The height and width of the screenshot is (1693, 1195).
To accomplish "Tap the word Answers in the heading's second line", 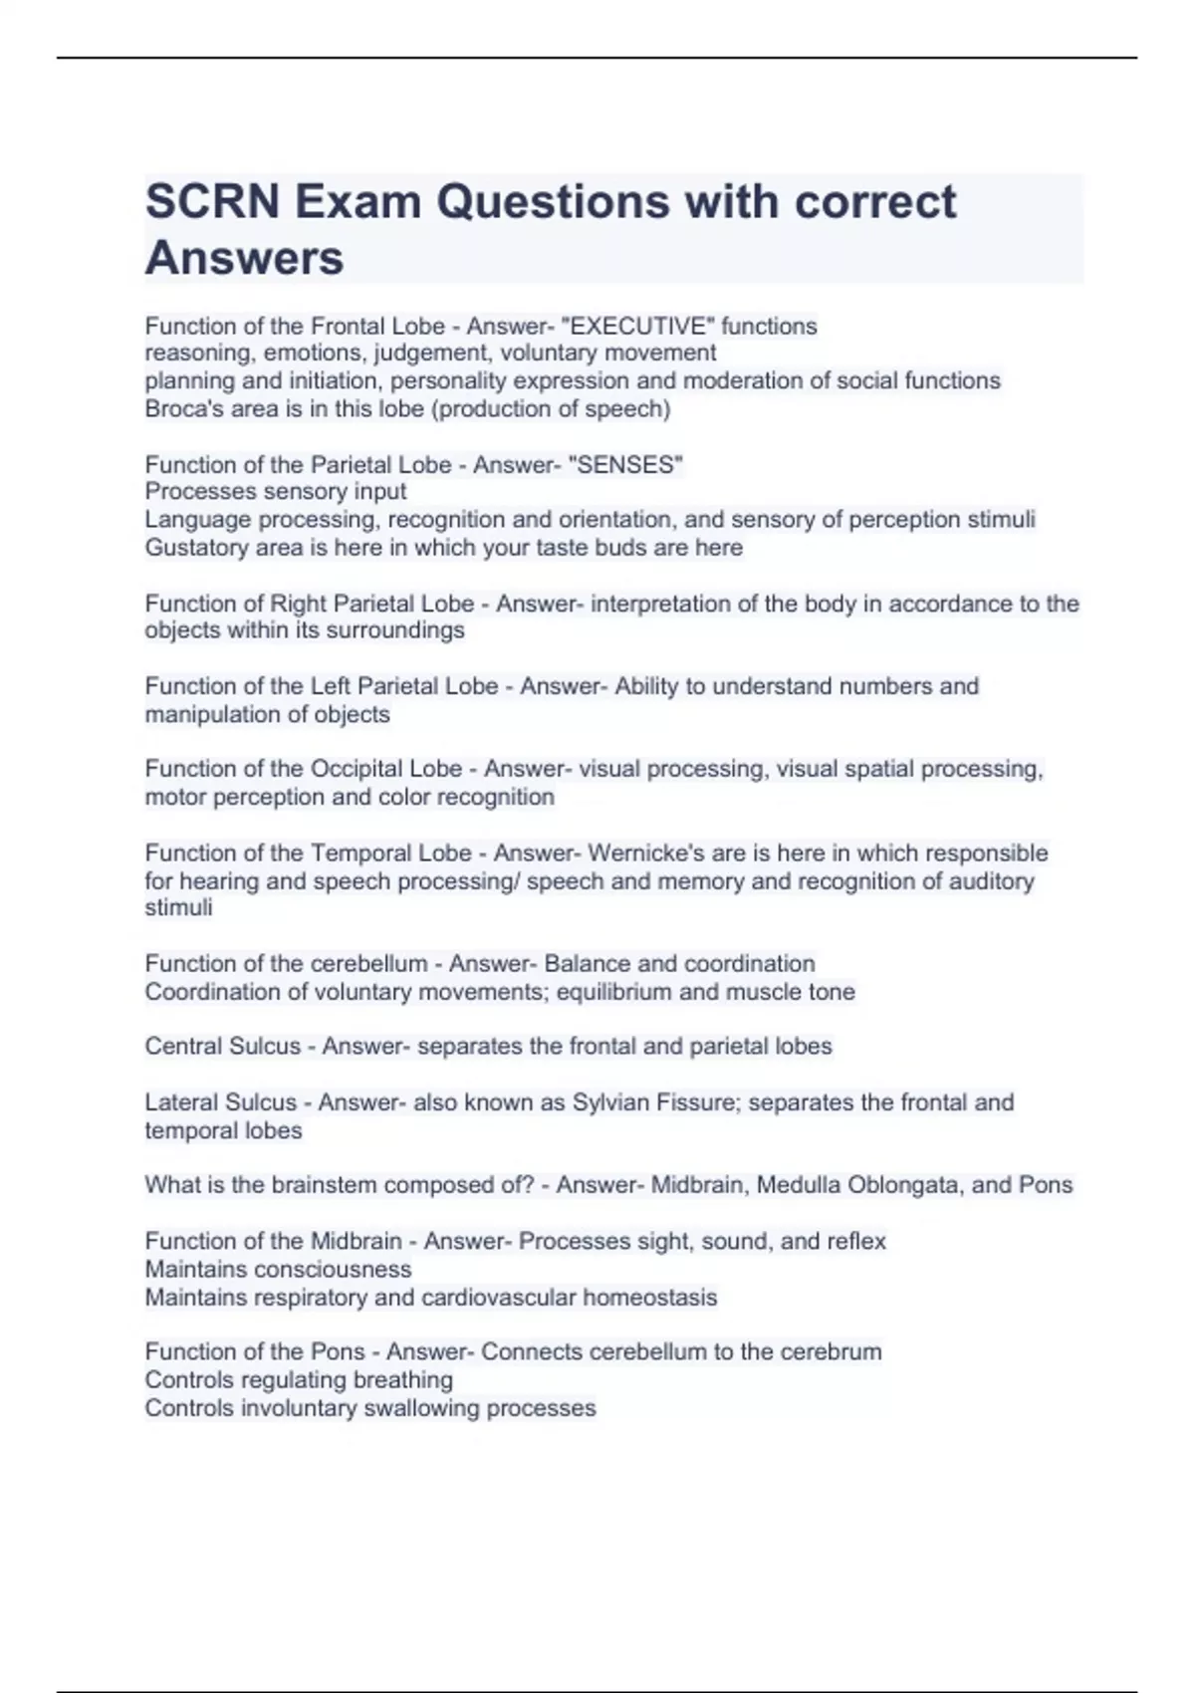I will [x=244, y=259].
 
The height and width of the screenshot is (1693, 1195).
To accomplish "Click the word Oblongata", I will [x=905, y=1185].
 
